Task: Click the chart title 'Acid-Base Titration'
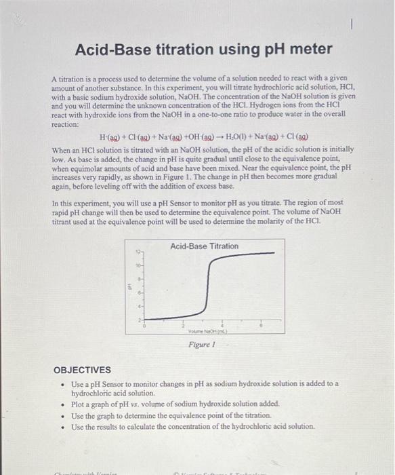pyautogui.click(x=204, y=246)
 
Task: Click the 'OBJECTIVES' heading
pyautogui.click(x=82, y=370)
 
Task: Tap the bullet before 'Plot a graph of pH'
pyautogui.click(x=62, y=403)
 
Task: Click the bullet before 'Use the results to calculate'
pyautogui.click(x=62, y=426)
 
